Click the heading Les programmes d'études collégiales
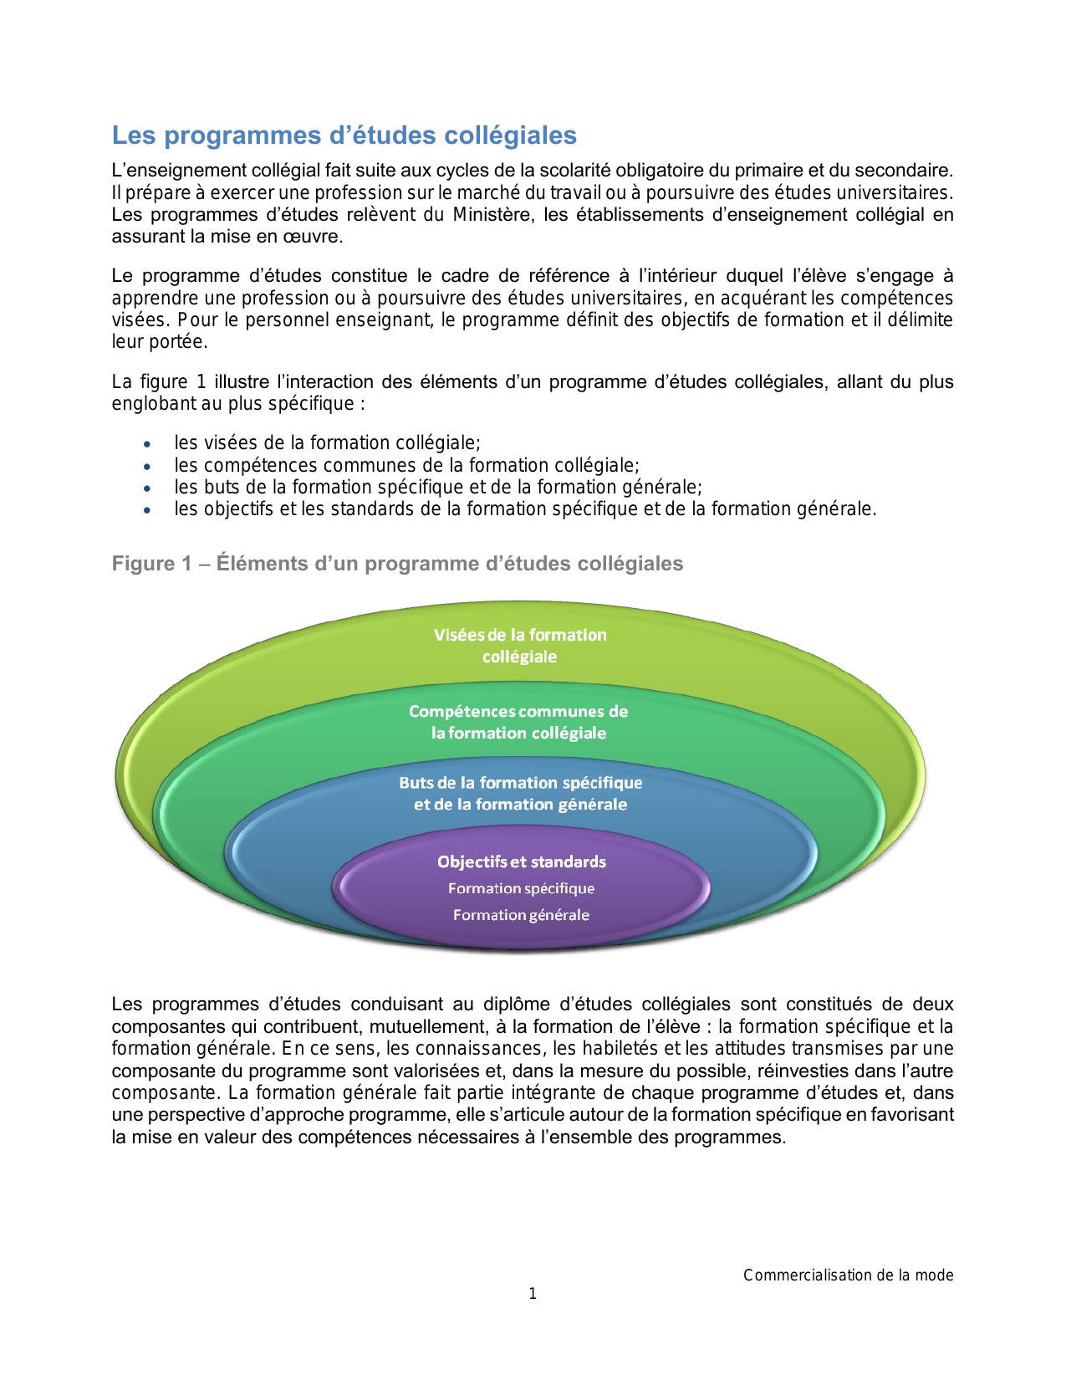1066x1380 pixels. click(344, 135)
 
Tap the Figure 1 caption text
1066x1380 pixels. click(397, 564)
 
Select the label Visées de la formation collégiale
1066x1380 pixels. click(519, 646)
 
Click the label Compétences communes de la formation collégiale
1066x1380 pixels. click(518, 722)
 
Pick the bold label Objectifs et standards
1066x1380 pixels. click(521, 861)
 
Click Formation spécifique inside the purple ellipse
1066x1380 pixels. click(521, 888)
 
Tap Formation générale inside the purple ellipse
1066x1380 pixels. click(521, 915)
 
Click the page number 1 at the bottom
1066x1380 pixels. click(533, 1294)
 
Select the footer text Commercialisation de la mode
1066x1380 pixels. click(848, 1275)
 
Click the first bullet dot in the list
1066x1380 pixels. click(147, 444)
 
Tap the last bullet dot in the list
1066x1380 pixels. click(147, 510)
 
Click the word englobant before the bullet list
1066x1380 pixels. click(153, 404)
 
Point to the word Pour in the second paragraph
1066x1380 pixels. click(197, 320)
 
